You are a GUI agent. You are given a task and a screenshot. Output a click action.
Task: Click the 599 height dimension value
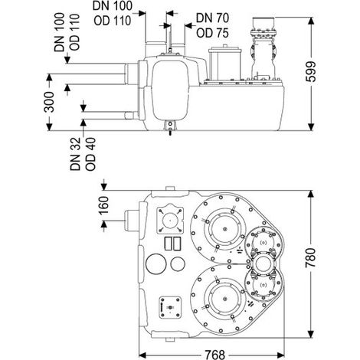click(x=311, y=72)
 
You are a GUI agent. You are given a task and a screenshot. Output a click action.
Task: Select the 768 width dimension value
click(x=215, y=355)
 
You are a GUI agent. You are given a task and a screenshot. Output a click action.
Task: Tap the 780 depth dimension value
click(x=311, y=257)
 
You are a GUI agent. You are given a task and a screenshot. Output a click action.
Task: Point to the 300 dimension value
click(x=49, y=102)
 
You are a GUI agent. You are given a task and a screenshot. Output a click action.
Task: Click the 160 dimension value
click(x=103, y=205)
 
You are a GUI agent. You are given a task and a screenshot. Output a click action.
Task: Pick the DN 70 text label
click(x=212, y=18)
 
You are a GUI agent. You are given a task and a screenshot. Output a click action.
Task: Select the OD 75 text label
click(x=212, y=33)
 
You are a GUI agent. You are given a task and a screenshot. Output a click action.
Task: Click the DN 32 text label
click(x=75, y=154)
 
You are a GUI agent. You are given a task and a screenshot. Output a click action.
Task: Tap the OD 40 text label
click(x=90, y=154)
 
